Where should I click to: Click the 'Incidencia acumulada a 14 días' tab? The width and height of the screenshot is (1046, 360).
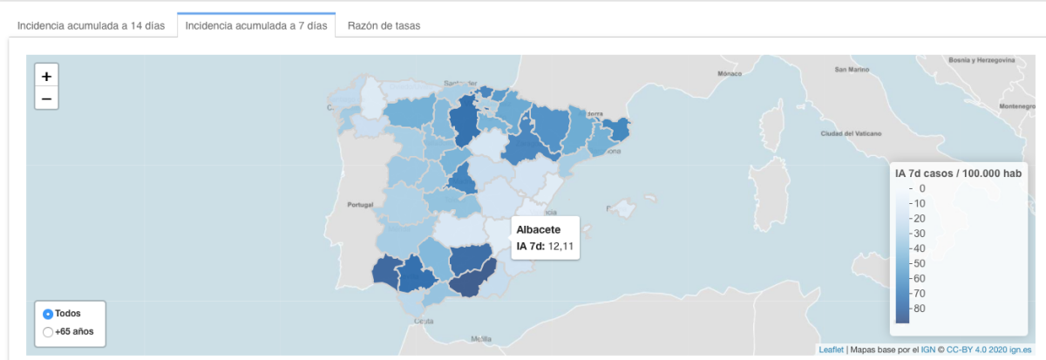coord(91,25)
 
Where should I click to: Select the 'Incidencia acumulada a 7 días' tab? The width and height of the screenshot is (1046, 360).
coord(256,25)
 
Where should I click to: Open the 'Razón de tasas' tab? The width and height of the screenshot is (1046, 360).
coord(384,25)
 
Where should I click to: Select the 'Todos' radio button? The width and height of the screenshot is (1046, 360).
coord(48,314)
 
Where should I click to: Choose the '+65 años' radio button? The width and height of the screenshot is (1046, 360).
coord(48,331)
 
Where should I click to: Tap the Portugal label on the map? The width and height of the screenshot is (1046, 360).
coord(359,206)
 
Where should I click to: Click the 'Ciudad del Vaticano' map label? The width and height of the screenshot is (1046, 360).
coord(851,133)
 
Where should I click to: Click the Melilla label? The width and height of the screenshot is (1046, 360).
coord(480,338)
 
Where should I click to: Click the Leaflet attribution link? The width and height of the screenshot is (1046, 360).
coord(831,350)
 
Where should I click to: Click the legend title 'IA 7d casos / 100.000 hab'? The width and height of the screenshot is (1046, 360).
coord(958,173)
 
